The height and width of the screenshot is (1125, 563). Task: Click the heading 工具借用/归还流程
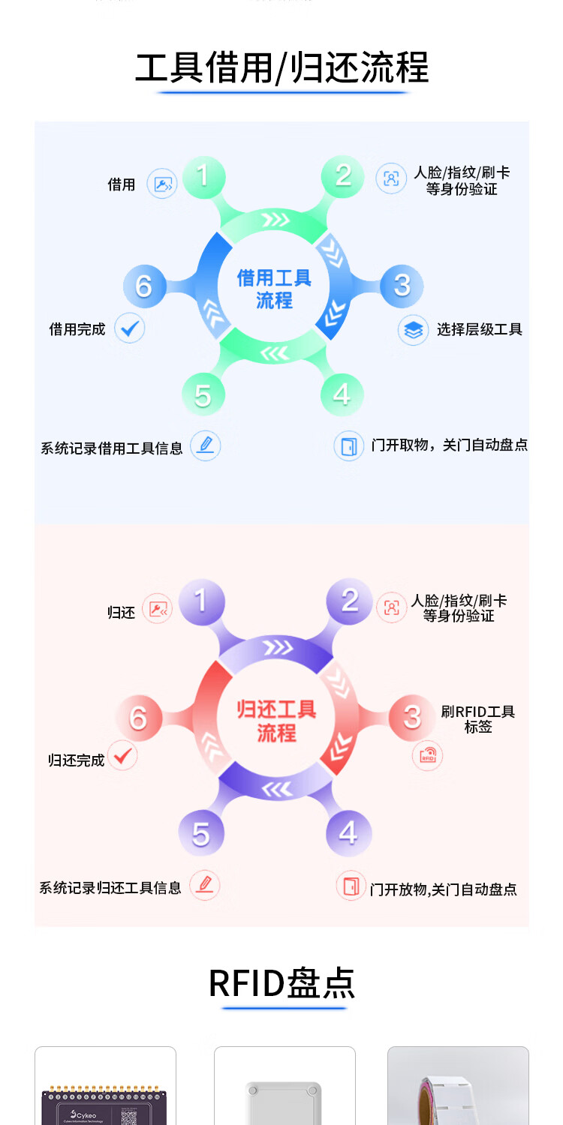point(281,68)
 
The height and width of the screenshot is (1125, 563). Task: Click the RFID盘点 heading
point(281,983)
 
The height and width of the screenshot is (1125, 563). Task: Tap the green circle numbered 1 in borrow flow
point(202,176)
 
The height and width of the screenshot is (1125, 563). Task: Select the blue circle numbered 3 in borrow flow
point(402,285)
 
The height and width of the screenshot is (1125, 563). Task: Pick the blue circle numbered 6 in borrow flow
point(143,286)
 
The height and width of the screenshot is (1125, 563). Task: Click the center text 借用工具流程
point(274,289)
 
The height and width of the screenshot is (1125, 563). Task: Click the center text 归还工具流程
point(276,721)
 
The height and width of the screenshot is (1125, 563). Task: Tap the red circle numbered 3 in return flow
point(411,716)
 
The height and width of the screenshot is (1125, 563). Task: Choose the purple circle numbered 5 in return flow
point(200,833)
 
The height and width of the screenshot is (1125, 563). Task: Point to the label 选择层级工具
point(480,329)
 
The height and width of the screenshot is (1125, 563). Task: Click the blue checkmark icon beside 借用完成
point(130,328)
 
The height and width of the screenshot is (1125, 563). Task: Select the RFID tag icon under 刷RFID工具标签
point(428,756)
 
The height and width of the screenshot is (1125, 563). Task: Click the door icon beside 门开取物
point(349,445)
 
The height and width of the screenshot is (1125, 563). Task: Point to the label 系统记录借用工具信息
point(112,448)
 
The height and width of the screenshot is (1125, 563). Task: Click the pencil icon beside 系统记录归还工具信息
point(205,885)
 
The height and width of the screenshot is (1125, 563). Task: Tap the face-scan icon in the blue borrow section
point(390,179)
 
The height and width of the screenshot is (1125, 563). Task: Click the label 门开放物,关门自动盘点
point(444,889)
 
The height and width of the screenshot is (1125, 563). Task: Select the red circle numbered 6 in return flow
point(138,718)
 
